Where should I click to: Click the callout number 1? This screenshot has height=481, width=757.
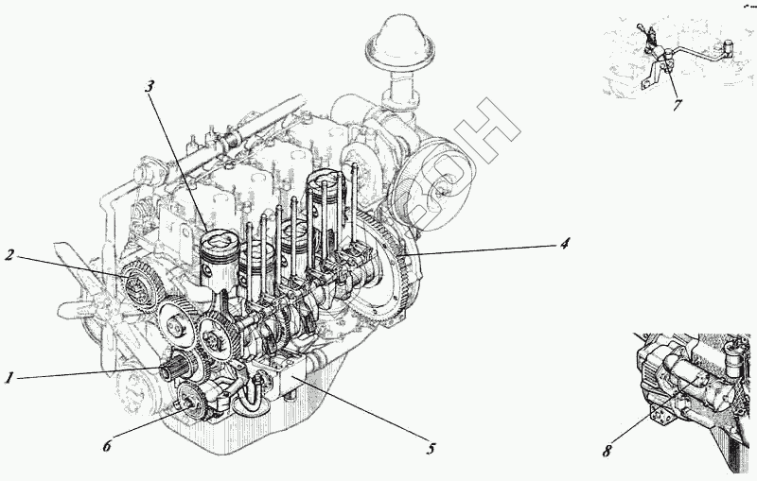[x=9, y=378]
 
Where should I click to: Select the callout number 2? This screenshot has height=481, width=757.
[x=9, y=254]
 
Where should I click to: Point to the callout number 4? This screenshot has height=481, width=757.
[x=564, y=244]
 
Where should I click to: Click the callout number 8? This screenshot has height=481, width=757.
[x=607, y=451]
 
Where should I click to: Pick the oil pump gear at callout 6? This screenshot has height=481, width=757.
[x=188, y=404]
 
